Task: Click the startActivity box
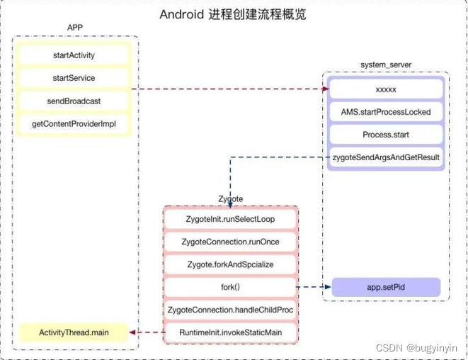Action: pos(74,55)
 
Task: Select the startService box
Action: pos(74,78)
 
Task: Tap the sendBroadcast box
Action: pos(74,101)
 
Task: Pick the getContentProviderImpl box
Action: pos(74,124)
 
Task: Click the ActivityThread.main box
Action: pos(74,332)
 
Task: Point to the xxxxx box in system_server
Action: pos(385,89)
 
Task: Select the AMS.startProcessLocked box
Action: pos(385,112)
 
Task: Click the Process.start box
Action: pos(385,135)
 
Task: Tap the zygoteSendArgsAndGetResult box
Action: pos(385,157)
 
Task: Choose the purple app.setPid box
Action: pos(385,288)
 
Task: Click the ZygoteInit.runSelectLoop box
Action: pos(230,219)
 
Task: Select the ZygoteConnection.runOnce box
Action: pos(230,242)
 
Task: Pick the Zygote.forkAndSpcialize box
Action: pos(230,264)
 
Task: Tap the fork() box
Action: pos(230,287)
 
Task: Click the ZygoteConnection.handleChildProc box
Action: pos(230,310)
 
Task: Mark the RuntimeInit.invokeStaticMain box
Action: pos(230,332)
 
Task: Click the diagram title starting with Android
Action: pos(233,14)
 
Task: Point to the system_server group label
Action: pos(386,64)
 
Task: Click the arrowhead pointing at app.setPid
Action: pos(327,288)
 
